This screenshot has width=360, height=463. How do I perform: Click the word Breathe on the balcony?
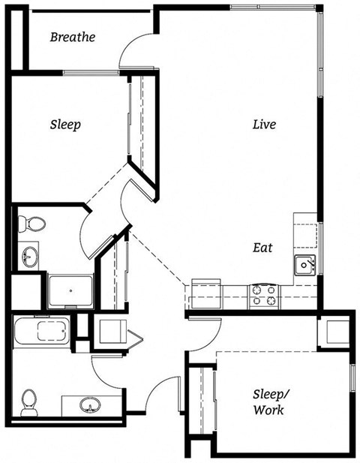(x=73, y=37)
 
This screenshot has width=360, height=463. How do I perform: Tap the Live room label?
(x=263, y=124)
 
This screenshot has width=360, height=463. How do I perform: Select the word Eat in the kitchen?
(x=262, y=247)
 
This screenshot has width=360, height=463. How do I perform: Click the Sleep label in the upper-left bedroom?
(x=65, y=124)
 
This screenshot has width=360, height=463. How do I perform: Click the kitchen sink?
(x=304, y=264)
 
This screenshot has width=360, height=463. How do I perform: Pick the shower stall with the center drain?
(x=70, y=291)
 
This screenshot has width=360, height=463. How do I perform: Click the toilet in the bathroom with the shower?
(x=32, y=223)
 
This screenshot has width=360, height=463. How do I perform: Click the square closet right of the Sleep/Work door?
(x=334, y=331)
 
